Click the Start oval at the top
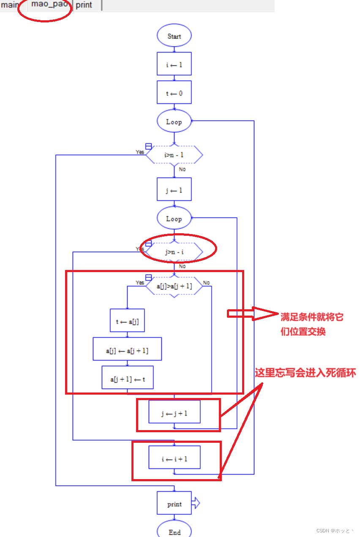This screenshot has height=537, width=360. [x=174, y=36]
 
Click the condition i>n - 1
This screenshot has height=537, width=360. [x=174, y=155]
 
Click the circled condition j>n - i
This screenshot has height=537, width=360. [x=174, y=252]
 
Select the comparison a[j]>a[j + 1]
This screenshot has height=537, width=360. [x=174, y=286]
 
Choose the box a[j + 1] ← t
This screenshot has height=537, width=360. [x=127, y=377]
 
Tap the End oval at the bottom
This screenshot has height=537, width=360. [x=174, y=531]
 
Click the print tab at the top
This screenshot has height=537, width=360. [x=85, y=5]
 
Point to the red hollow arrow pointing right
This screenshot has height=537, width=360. [x=253, y=314]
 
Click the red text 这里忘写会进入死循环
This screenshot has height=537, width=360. [x=305, y=373]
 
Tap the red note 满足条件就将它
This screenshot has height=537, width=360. [x=312, y=317]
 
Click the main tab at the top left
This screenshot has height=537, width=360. [x=10, y=5]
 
